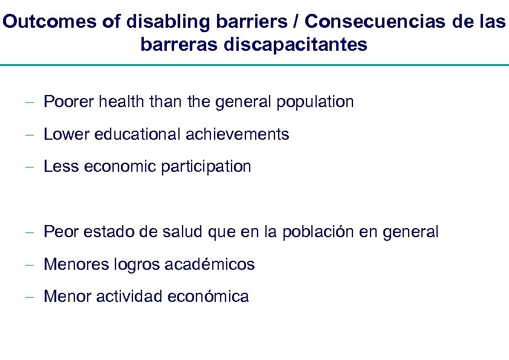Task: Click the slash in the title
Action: [x=297, y=22]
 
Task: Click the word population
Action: [x=315, y=102]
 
